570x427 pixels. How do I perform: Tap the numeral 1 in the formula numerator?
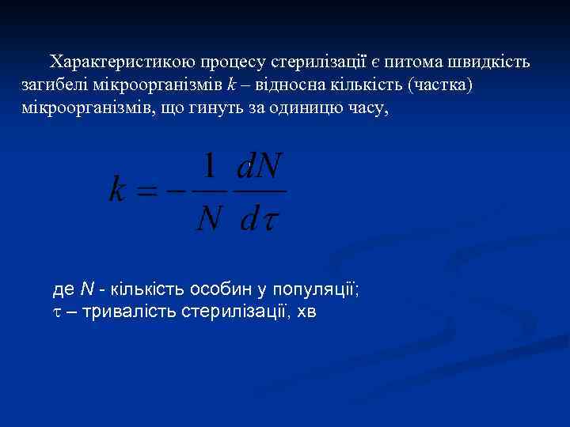(209, 168)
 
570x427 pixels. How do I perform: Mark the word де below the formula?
(63, 289)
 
